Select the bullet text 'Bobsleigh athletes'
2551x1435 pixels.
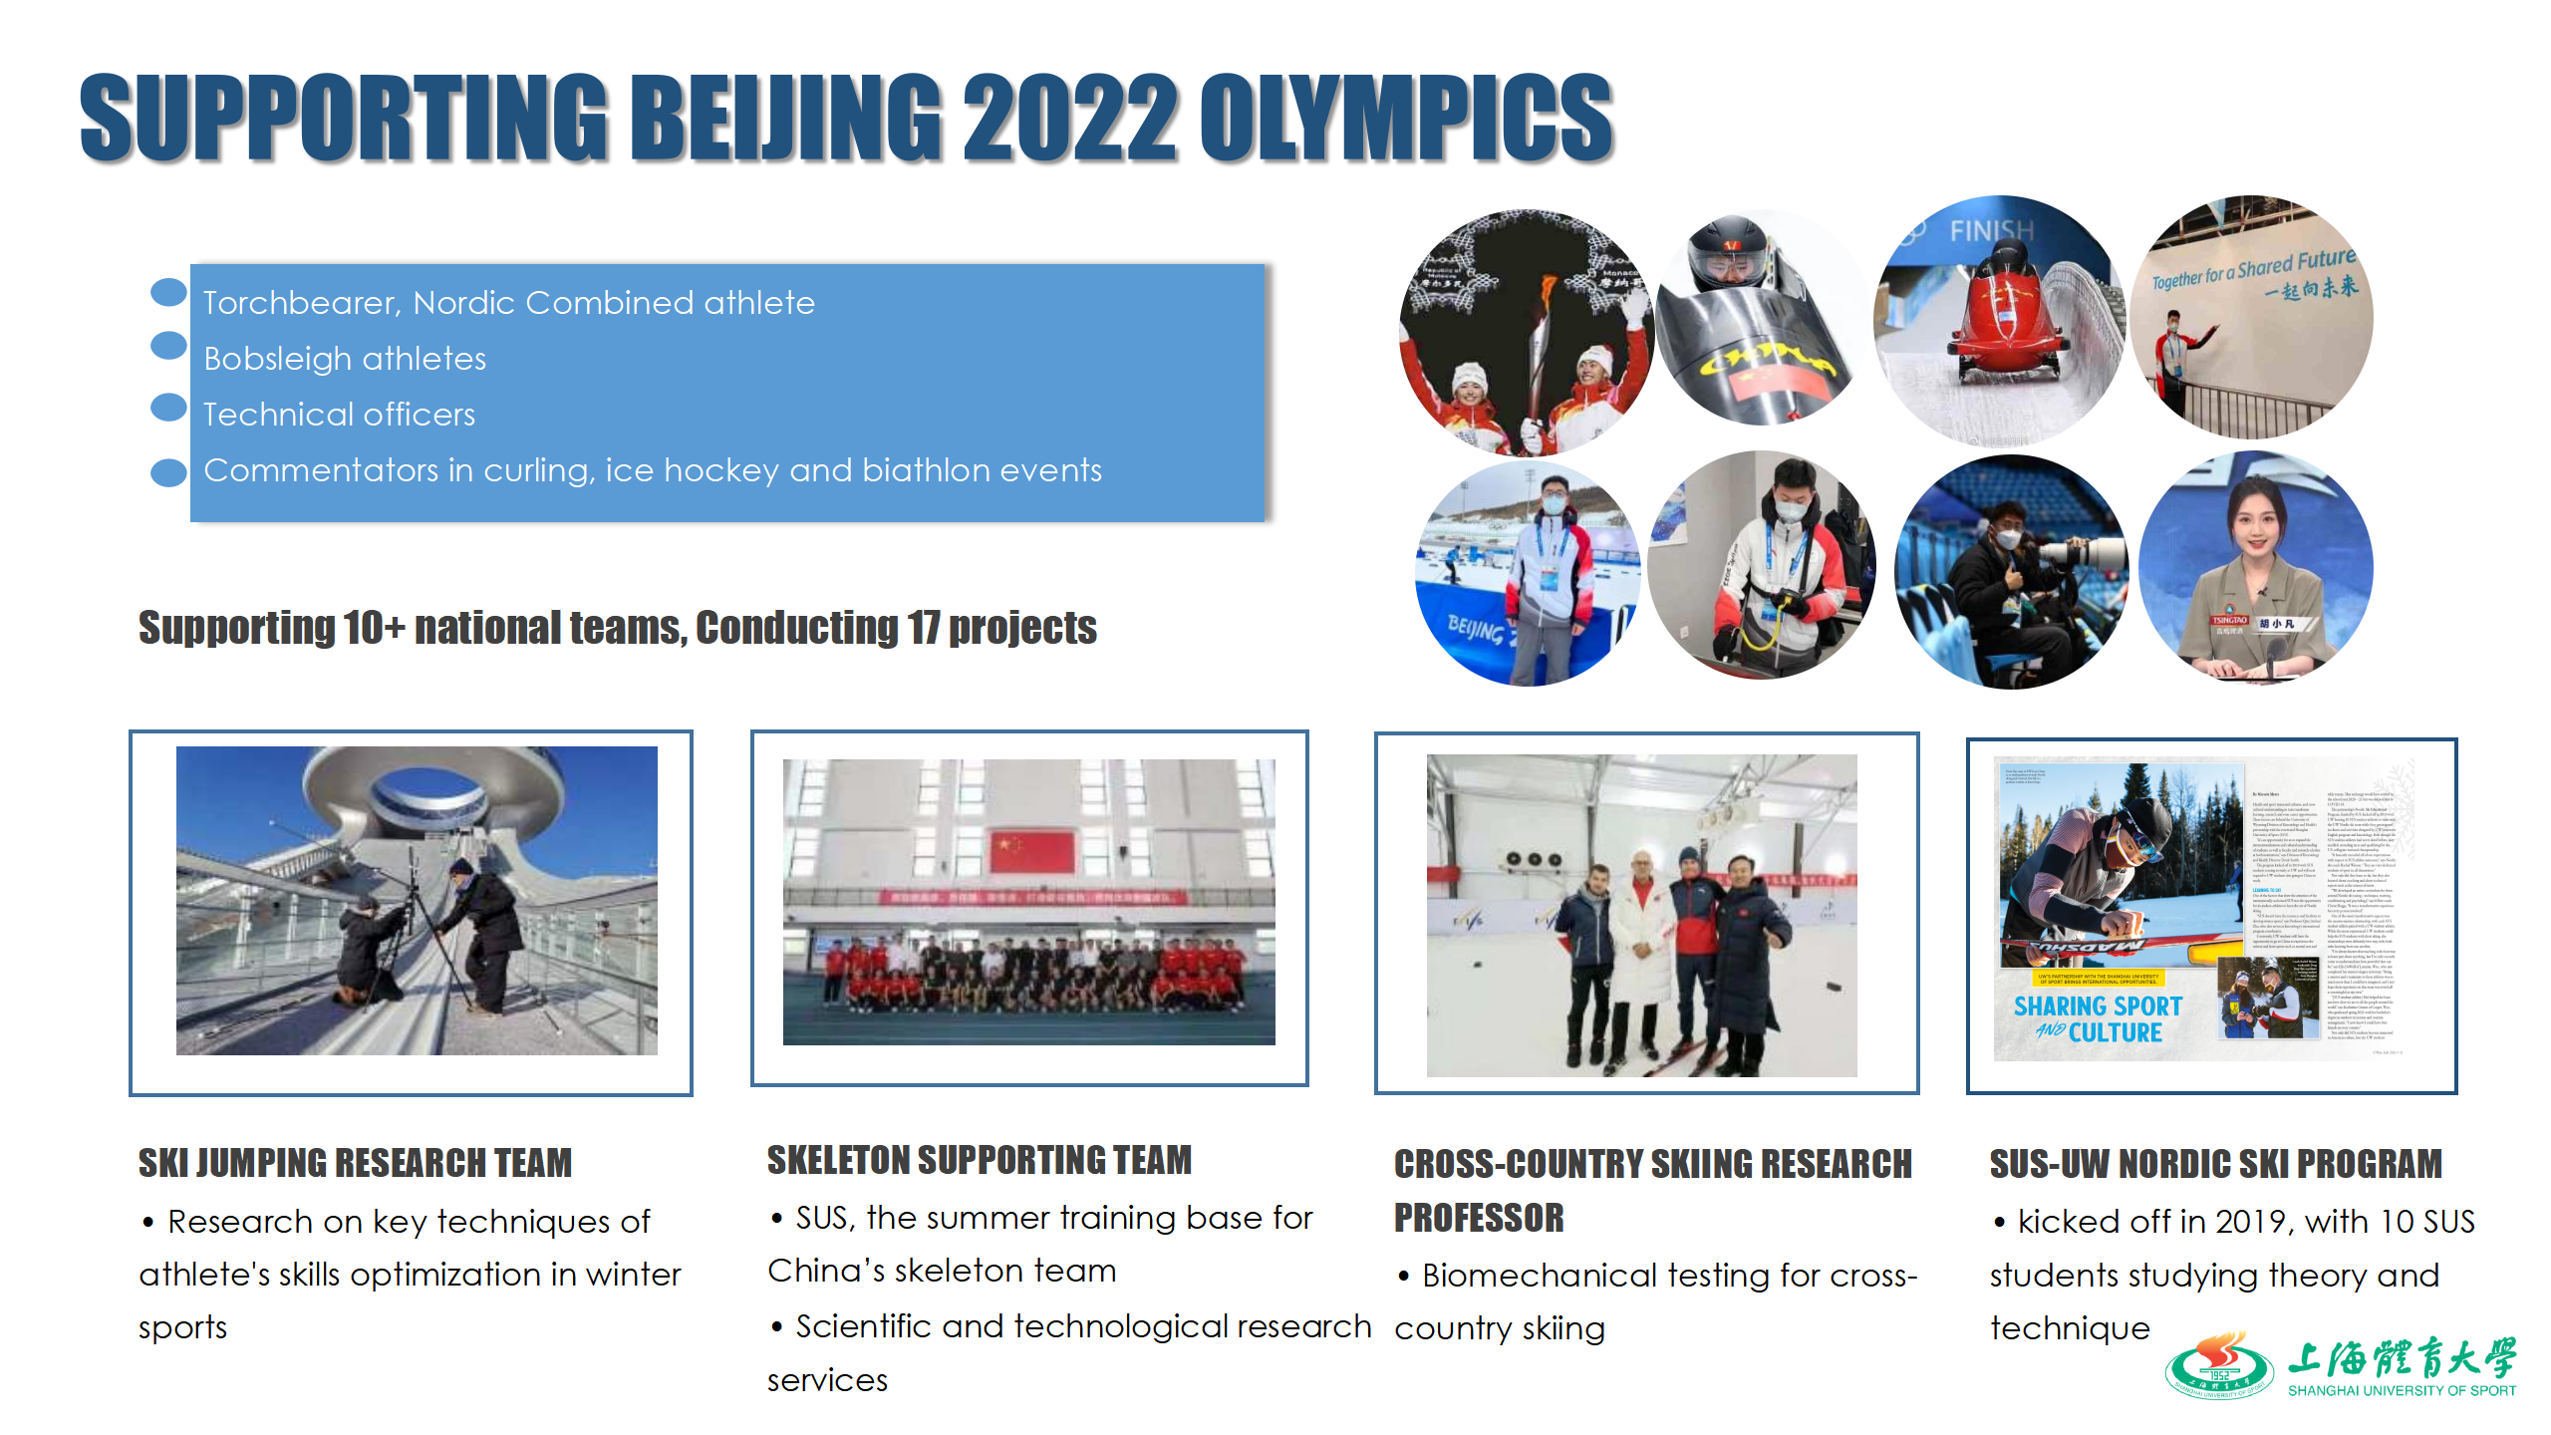[x=345, y=359]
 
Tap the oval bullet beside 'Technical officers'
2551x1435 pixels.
[x=168, y=408]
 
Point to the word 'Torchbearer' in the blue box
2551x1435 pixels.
[x=301, y=303]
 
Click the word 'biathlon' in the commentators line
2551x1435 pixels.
[x=921, y=470]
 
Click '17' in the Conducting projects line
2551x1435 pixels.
[x=923, y=628]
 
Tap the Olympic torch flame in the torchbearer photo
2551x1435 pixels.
[x=1547, y=290]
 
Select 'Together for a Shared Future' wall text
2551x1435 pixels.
[x=2252, y=268]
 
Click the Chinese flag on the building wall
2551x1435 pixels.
[x=1032, y=852]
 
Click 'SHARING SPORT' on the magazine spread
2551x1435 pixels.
[x=2098, y=1006]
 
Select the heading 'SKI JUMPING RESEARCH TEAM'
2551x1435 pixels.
[x=355, y=1163]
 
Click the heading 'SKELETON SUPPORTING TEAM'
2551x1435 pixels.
[x=979, y=1160]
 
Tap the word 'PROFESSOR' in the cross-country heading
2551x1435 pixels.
[x=1479, y=1218]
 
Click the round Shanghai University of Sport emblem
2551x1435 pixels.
[x=2218, y=1365]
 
